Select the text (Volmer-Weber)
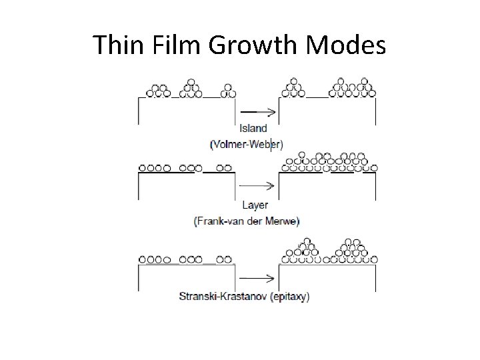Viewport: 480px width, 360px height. [x=246, y=143]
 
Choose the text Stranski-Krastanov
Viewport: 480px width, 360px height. [x=223, y=297]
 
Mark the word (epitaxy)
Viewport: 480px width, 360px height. [x=290, y=297]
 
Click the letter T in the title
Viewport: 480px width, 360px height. [x=100, y=45]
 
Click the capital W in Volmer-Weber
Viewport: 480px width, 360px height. [x=251, y=143]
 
